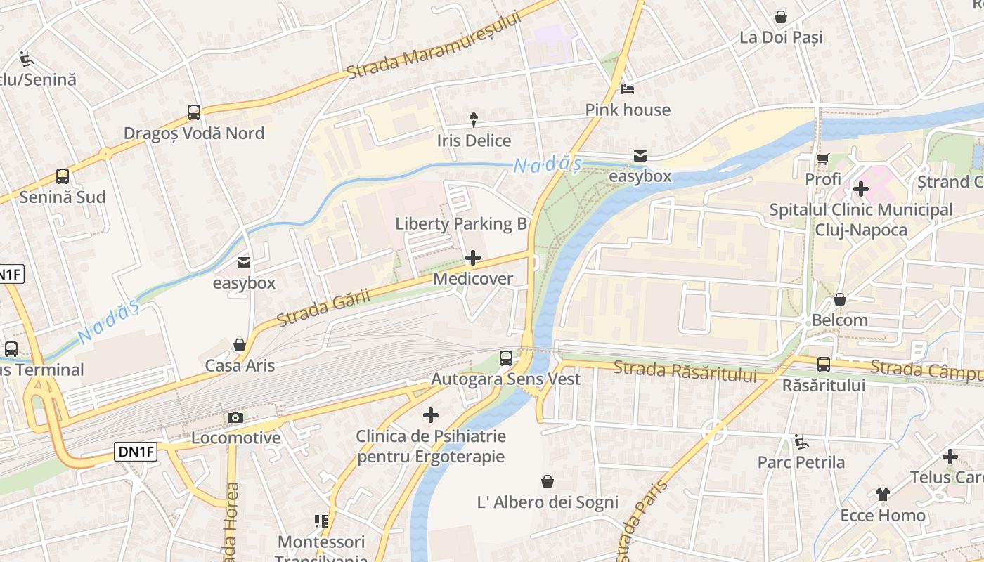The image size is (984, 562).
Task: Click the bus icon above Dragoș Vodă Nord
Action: coord(194,112)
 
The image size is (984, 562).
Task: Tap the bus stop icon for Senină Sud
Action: coord(63,176)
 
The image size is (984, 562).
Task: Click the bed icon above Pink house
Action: coord(628,89)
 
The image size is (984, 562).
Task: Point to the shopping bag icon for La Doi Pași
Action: coord(780,17)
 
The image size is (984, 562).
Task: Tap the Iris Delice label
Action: coord(474,140)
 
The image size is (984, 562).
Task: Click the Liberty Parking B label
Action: coord(461,223)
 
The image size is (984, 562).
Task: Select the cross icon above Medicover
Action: coord(473,258)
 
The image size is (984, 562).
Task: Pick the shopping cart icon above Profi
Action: coord(822,159)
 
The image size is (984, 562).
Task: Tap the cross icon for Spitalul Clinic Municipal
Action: coord(861,188)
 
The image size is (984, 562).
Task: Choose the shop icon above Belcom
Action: coord(839,300)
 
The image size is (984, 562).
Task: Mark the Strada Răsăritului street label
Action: coord(685,370)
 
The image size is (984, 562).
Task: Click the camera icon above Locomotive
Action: coord(235,418)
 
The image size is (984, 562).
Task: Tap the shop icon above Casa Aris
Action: coord(240,345)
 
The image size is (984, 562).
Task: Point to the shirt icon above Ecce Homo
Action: coord(883,495)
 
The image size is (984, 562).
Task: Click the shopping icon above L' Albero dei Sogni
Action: coord(548,481)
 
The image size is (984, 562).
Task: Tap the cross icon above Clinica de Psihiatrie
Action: coord(431,415)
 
